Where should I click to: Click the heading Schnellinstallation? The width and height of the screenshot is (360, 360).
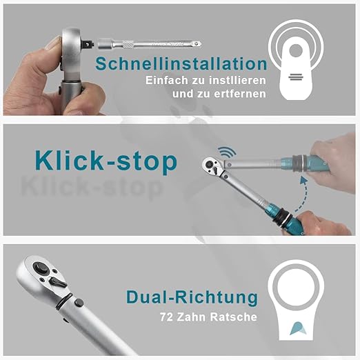181,63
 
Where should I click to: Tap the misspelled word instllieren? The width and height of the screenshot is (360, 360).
237,81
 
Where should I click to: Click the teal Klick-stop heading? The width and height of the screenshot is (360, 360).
106,161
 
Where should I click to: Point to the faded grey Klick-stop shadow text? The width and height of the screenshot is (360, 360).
92,188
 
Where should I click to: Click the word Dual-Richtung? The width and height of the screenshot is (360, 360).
192,297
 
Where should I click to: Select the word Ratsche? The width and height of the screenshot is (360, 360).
234,317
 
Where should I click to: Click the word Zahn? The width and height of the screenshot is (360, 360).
191,317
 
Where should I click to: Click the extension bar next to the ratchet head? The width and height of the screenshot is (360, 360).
150,43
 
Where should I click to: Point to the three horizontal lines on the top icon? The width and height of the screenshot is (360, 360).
296,77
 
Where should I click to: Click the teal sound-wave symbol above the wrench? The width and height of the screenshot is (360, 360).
227,152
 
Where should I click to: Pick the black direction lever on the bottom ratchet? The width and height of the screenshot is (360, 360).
57,282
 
